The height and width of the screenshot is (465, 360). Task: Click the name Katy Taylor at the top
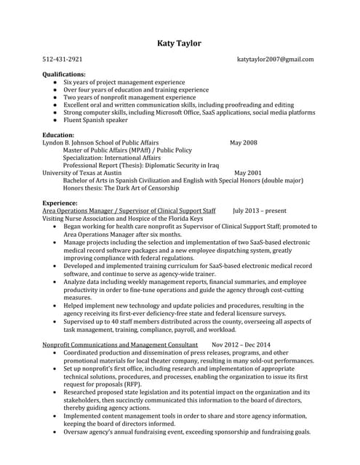click(x=179, y=44)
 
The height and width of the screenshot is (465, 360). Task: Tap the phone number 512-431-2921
click(x=63, y=60)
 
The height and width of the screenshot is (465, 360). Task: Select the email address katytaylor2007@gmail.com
click(x=276, y=60)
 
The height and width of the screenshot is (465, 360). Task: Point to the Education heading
click(x=59, y=135)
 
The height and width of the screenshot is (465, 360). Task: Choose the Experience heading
click(x=60, y=203)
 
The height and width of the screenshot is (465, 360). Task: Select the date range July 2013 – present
click(x=260, y=211)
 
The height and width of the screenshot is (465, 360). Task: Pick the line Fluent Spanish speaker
click(x=94, y=120)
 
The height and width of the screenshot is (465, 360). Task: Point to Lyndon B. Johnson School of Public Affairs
click(x=100, y=143)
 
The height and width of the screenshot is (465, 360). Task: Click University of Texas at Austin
click(x=82, y=173)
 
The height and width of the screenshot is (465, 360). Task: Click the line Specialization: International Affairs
click(x=111, y=158)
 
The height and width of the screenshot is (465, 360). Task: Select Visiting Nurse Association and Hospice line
click(x=122, y=218)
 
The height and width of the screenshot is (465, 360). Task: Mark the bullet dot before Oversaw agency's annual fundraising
click(x=56, y=432)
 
